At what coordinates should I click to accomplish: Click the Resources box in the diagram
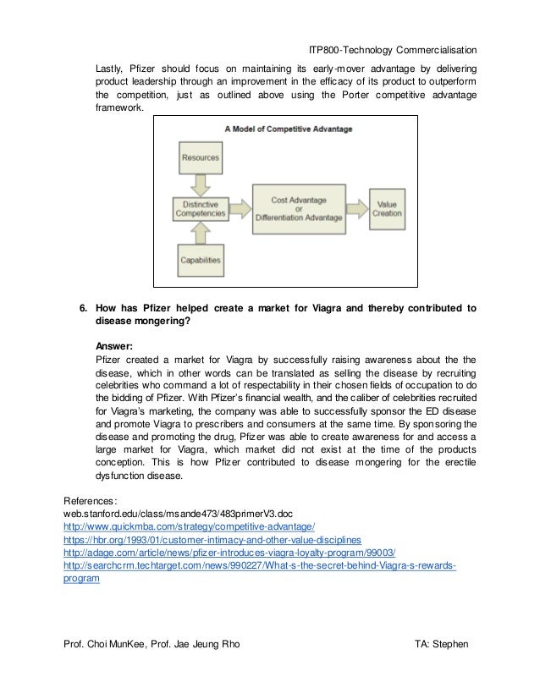click(x=200, y=157)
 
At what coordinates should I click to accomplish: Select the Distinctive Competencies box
click(x=200, y=208)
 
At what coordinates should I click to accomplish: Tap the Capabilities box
click(x=200, y=260)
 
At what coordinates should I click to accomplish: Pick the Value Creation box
click(x=387, y=208)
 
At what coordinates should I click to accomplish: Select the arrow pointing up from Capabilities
click(x=200, y=235)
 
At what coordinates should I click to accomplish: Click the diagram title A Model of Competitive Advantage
click(x=288, y=129)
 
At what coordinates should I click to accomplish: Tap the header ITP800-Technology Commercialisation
click(x=392, y=51)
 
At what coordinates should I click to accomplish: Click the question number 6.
click(x=84, y=307)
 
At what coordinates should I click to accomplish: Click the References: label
click(x=94, y=500)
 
